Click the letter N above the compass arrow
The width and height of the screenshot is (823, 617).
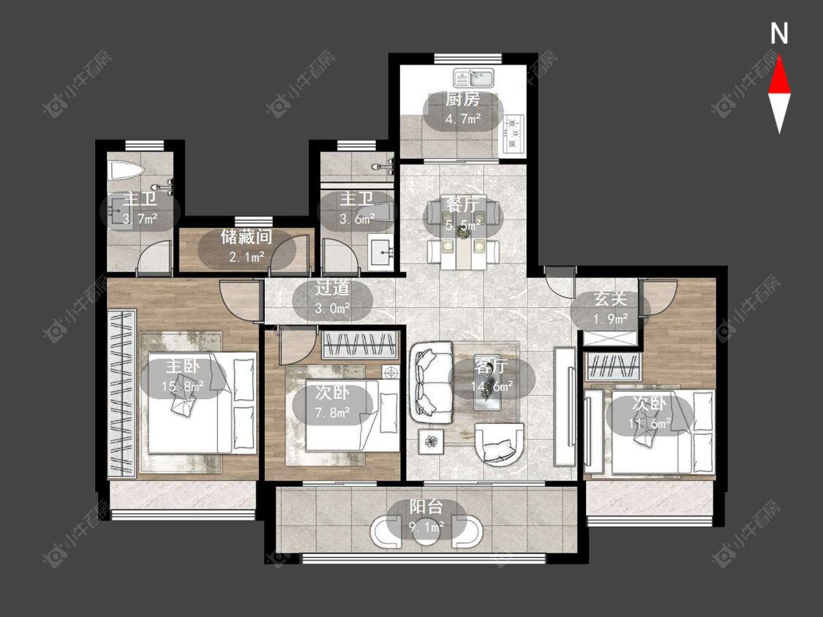(779, 34)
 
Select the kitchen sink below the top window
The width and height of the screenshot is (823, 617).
(473, 79)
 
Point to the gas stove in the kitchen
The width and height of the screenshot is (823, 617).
(513, 134)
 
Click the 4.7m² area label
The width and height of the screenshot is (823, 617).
(462, 119)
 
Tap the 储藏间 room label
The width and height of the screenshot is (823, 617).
(246, 237)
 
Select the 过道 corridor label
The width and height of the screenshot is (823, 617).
(332, 288)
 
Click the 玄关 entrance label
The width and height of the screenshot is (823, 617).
(610, 300)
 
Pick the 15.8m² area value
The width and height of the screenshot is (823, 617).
(182, 387)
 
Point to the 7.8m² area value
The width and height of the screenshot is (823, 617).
(332, 413)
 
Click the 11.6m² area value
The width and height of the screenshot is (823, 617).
(650, 423)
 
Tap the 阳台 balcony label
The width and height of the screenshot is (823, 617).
(426, 507)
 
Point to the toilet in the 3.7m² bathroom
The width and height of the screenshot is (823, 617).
(125, 171)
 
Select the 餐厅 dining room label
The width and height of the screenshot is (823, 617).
(462, 204)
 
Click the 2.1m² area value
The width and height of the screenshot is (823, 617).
(246, 257)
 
